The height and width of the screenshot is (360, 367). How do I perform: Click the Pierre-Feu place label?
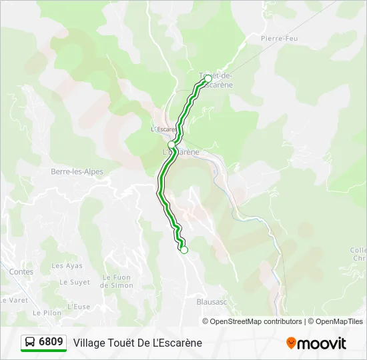(279, 39)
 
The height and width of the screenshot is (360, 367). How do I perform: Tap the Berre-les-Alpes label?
(77, 171)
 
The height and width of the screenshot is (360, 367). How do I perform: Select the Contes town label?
(21, 271)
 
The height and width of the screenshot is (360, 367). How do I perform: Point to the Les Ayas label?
(67, 265)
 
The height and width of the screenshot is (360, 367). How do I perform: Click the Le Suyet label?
(75, 282)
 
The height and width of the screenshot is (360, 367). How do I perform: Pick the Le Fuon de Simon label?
(117, 281)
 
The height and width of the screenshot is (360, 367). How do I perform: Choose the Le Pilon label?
(47, 312)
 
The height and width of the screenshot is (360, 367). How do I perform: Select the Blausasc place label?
(213, 301)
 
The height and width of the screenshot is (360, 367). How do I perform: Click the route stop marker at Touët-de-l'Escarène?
(208, 79)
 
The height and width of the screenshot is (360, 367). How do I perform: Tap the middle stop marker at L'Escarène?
(171, 145)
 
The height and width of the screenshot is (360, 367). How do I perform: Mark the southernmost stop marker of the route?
(184, 250)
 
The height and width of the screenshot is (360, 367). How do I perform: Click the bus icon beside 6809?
(30, 342)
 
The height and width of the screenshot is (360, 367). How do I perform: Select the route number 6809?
(51, 342)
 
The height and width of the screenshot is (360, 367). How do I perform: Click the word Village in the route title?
(89, 343)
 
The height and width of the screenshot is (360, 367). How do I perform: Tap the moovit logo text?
(322, 343)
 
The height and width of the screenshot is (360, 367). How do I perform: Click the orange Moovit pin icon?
(291, 343)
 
